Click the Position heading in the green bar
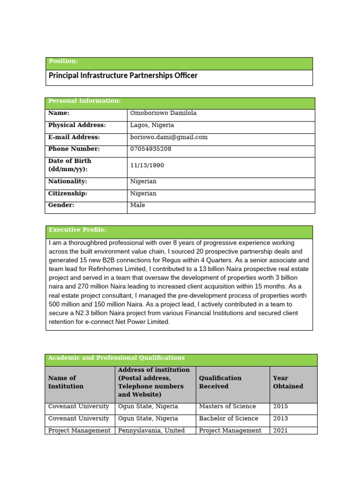coord(63,61)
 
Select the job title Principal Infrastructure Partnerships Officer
coord(123,75)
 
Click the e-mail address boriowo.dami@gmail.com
coord(169,137)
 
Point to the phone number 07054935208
coord(151,149)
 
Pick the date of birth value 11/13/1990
coord(147,165)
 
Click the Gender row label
coord(61,205)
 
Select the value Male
coord(138,205)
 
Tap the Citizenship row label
coord(68,194)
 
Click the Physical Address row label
coord(77,125)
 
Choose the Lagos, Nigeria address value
coord(152,125)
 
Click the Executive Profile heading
coord(77,230)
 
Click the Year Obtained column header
coord(288,382)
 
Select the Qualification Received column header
coord(220,382)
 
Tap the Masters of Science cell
coord(227,406)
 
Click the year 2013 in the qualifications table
coord(280,419)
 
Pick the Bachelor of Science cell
coord(229,419)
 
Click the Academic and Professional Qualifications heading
coord(116,358)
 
